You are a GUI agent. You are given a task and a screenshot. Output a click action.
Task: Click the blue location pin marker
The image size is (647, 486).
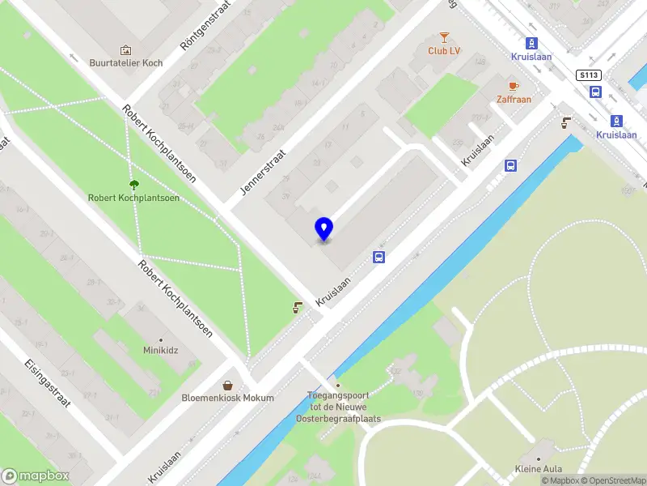323,228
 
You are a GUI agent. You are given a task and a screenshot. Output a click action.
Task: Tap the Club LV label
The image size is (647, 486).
444,50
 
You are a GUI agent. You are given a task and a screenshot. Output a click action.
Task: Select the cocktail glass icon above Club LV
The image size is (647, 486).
444,36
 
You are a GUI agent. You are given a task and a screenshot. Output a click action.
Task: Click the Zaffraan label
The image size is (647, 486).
514,99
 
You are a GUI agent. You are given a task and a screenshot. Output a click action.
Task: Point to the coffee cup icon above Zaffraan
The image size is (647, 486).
514,85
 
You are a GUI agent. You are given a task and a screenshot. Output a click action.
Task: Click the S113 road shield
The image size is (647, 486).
588,75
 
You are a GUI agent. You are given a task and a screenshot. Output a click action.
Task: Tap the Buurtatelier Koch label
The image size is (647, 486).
126,63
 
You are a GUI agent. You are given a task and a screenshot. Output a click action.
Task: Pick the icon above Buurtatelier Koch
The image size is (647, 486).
125,49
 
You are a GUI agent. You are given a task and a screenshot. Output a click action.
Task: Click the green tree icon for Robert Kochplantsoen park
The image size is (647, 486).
133,184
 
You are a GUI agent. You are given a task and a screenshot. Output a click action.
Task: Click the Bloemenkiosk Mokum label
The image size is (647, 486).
229,398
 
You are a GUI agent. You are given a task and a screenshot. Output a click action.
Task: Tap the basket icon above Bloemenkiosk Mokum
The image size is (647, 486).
229,385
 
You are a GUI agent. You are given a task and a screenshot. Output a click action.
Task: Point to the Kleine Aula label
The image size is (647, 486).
539,468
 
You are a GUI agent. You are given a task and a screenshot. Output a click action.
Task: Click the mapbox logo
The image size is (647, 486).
36,475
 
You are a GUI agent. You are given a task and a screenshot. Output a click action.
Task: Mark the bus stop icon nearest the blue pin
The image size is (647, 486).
378,258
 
